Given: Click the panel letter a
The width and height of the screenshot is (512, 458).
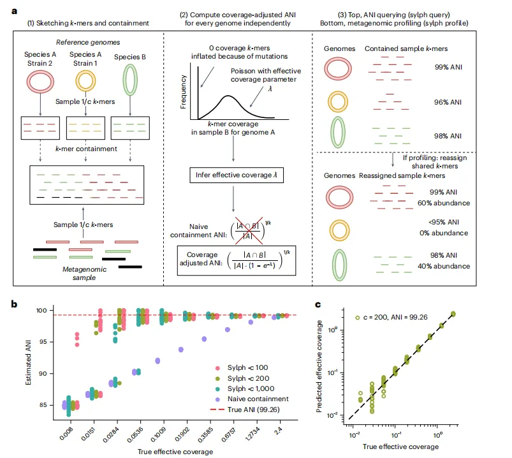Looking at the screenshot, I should pyautogui.click(x=14, y=11).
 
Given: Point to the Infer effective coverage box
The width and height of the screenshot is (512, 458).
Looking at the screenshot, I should pyautogui.click(x=235, y=174).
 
